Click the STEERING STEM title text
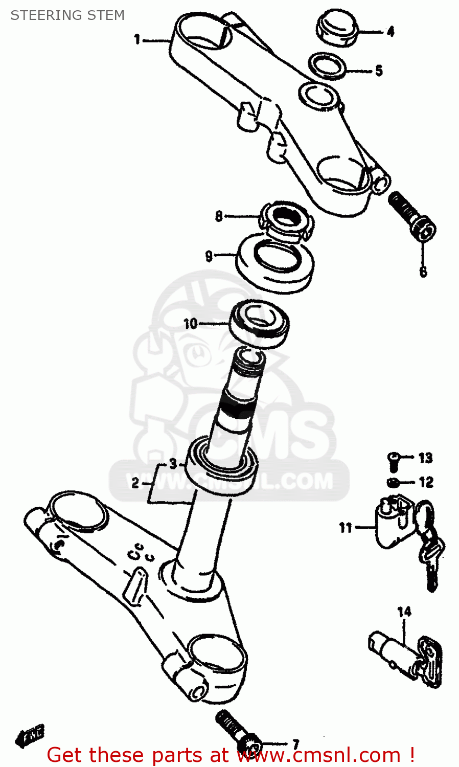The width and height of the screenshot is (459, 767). [x=67, y=15]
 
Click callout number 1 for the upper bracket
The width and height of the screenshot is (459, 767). [x=137, y=39]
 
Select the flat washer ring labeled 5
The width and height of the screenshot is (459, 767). [x=328, y=66]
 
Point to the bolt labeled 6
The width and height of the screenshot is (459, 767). [x=412, y=215]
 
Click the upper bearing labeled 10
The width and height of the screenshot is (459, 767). [x=259, y=323]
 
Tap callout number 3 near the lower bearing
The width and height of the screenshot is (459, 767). [x=173, y=464]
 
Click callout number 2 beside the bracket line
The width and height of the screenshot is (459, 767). [x=135, y=483]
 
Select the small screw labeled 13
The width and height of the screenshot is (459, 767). [x=394, y=461]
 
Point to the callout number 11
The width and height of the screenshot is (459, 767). [x=346, y=527]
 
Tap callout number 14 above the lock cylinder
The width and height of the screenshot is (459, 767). [x=404, y=612]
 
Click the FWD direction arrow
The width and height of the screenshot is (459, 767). [x=30, y=735]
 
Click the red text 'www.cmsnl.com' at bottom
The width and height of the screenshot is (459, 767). [x=319, y=755]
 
